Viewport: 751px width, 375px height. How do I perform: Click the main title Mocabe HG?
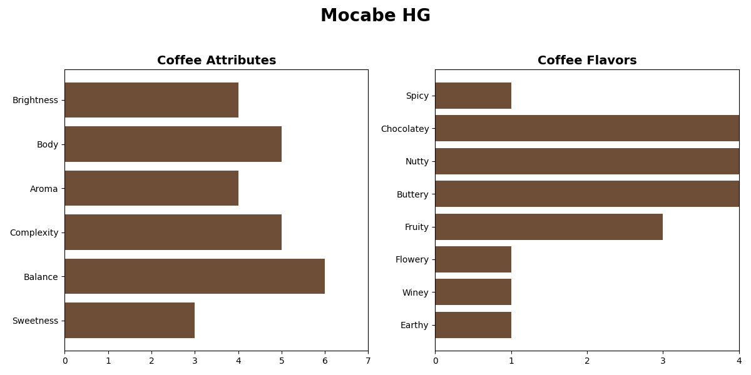[375, 16]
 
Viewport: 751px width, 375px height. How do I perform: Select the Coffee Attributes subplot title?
[217, 61]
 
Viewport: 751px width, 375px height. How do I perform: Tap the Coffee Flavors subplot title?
[587, 61]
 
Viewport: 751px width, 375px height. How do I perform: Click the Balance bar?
[195, 276]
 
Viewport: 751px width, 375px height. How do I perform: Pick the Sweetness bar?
[130, 321]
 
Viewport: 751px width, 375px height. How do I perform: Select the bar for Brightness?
[151, 100]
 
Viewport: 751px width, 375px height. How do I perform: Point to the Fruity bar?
[549, 227]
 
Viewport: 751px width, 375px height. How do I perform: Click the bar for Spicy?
[473, 96]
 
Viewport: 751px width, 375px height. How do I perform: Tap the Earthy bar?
[473, 325]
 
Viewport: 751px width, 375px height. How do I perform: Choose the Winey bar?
[473, 292]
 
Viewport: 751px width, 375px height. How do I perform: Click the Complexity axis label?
[34, 232]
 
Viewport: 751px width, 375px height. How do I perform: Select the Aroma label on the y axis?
[44, 189]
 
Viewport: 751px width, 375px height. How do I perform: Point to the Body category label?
[48, 144]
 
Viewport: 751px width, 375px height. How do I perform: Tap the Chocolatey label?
[405, 129]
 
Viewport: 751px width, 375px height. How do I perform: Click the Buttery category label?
[413, 194]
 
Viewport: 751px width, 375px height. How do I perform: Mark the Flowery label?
[412, 259]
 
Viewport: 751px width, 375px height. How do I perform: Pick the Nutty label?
[417, 161]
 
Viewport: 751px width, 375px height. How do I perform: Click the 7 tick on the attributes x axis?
[368, 361]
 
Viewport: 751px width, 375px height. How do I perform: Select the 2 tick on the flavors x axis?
[587, 361]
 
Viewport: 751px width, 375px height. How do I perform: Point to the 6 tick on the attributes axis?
[325, 361]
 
